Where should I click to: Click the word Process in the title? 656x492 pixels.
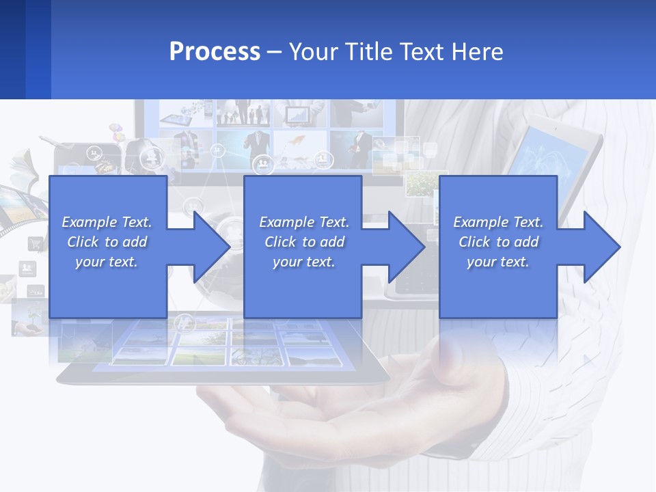[x=215, y=52]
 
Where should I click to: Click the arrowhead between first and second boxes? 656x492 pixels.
[x=211, y=247]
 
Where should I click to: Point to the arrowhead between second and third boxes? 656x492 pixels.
[x=406, y=247]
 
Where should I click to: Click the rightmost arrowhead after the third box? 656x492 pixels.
[x=601, y=247]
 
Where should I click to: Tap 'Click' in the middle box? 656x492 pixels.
[x=280, y=242]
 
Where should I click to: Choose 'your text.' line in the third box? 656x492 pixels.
[x=497, y=262]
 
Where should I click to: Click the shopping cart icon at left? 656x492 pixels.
[x=35, y=243]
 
